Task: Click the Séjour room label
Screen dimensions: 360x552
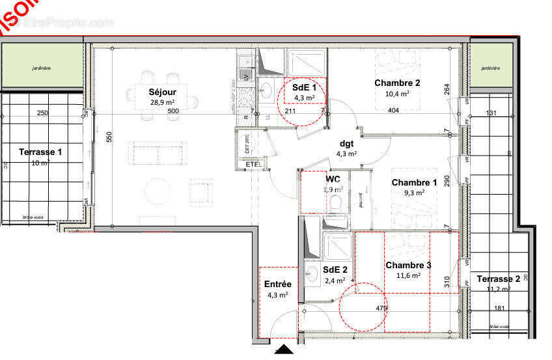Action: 162,92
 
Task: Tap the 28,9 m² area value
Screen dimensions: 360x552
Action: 162,102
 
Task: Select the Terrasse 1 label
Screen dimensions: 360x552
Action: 40,152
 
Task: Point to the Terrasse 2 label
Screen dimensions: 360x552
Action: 498,279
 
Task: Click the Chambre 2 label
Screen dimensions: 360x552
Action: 397,83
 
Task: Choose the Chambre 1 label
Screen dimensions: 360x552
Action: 414,182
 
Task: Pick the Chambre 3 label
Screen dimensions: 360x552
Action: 408,265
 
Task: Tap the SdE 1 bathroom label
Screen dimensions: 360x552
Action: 305,87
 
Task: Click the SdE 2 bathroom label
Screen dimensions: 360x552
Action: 335,270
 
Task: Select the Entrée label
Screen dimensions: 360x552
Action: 277,284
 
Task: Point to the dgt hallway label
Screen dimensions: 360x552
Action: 346,144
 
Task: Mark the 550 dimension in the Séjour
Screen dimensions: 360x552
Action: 109,137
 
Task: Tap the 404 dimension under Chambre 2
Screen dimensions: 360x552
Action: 393,111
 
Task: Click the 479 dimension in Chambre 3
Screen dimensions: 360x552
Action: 381,309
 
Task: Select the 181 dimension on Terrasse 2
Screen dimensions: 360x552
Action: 499,309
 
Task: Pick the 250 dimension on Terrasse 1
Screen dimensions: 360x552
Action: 42,113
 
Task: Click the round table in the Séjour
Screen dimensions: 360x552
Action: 156,192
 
